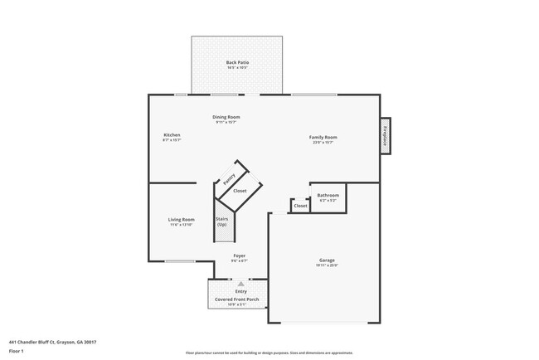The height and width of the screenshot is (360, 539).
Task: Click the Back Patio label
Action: tap(237, 62)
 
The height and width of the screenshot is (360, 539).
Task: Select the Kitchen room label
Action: tap(172, 135)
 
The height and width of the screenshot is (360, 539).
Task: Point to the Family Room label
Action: tap(323, 137)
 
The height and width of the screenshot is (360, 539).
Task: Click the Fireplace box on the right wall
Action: tap(385, 136)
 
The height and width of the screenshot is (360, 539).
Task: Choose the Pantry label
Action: tap(230, 178)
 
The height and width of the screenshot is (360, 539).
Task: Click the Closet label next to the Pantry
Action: tap(240, 191)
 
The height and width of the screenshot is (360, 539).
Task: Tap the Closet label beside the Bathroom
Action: tap(300, 206)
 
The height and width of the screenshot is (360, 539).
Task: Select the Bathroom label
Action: tap(328, 196)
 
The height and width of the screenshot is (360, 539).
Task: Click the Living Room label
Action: tap(182, 220)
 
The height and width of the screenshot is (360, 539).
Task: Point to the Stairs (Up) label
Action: tap(221, 222)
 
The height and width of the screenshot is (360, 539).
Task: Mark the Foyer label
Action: tap(239, 255)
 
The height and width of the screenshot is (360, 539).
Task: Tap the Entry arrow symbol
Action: tap(240, 284)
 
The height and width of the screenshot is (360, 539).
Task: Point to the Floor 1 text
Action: tap(17, 352)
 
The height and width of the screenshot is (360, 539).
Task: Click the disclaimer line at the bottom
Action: tap(269, 353)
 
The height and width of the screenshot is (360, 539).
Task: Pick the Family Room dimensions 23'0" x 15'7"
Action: tap(323, 143)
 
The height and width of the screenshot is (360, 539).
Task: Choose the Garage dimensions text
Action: tap(327, 266)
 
